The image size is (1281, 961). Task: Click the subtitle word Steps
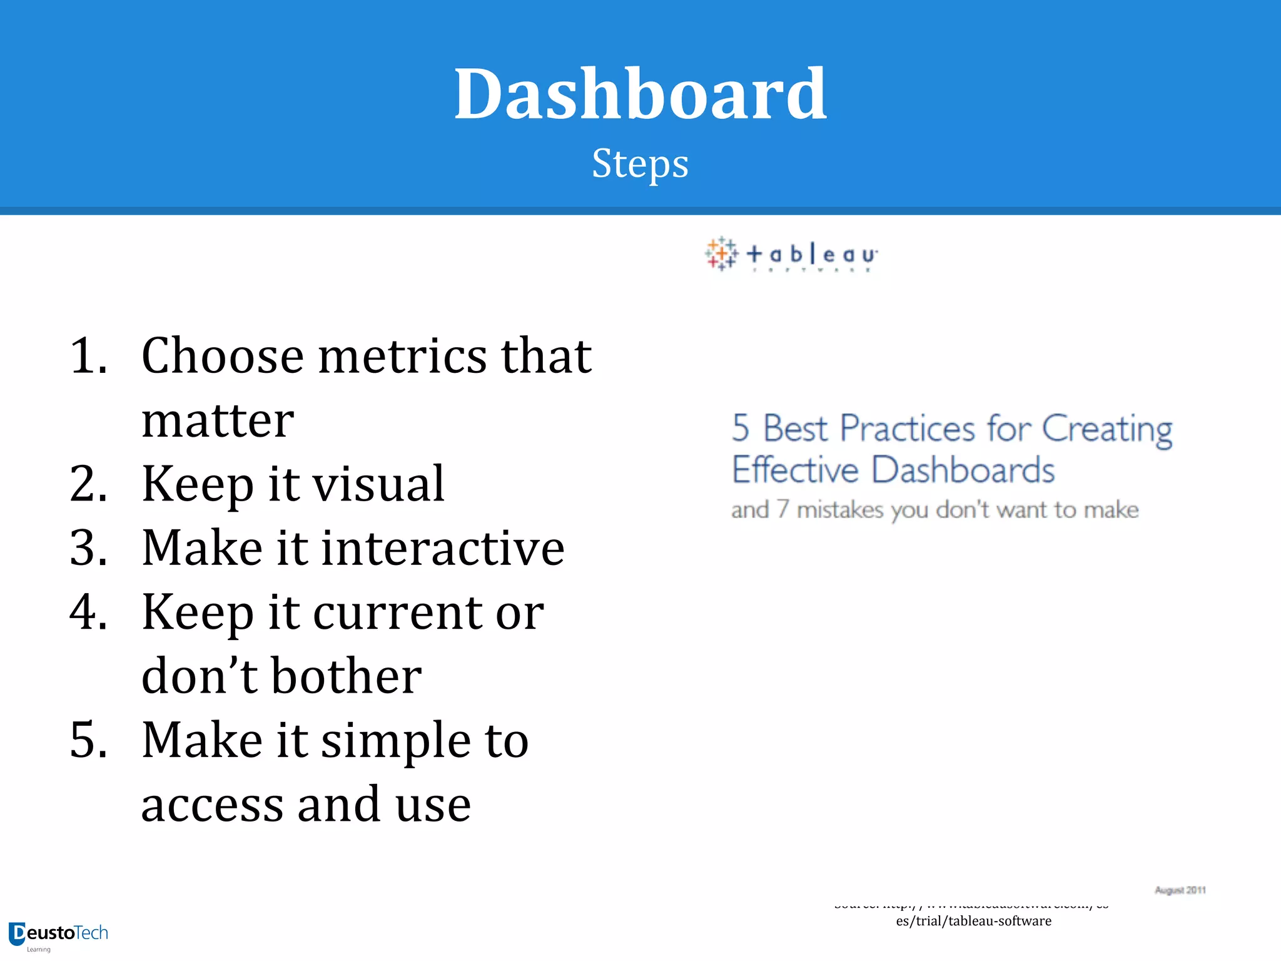(640, 164)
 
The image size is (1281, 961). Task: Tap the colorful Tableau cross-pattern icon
(721, 254)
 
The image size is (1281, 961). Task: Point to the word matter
(218, 420)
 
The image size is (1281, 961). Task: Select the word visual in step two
(378, 484)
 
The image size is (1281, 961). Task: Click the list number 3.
(88, 549)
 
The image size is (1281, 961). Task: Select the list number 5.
(88, 741)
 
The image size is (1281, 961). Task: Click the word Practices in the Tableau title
(907, 429)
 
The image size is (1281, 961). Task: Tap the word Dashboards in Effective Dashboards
(963, 470)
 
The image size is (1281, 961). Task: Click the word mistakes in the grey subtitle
(839, 510)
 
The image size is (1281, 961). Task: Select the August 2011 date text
(1180, 890)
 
